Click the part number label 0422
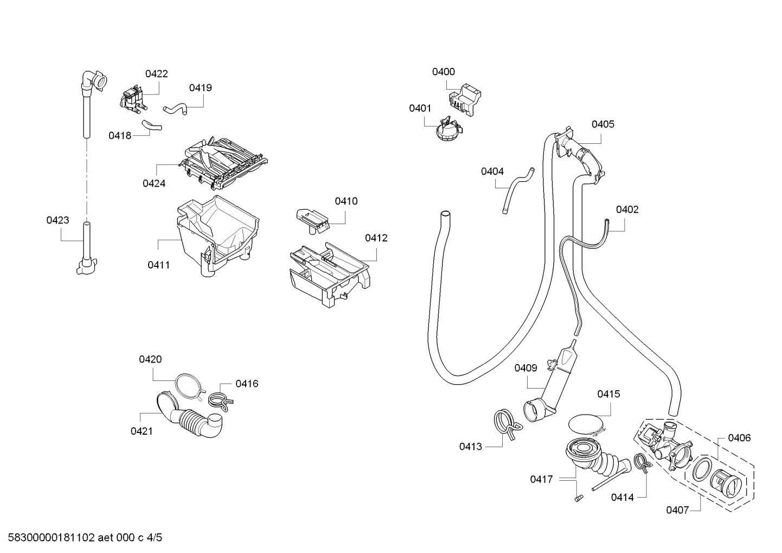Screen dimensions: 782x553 pyautogui.click(x=156, y=74)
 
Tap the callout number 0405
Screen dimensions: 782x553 pyautogui.click(x=603, y=124)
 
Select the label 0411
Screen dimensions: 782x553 pyautogui.click(x=158, y=265)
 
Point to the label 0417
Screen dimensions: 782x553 pyautogui.click(x=541, y=479)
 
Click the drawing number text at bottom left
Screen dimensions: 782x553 pyautogui.click(x=85, y=538)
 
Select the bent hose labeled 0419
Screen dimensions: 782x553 pyautogui.click(x=175, y=109)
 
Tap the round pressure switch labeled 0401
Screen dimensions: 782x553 pyautogui.click(x=448, y=130)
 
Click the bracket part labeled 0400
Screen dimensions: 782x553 pyautogui.click(x=464, y=99)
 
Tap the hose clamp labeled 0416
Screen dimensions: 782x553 pyautogui.click(x=221, y=399)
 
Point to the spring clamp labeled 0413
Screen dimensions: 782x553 pyautogui.click(x=508, y=424)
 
